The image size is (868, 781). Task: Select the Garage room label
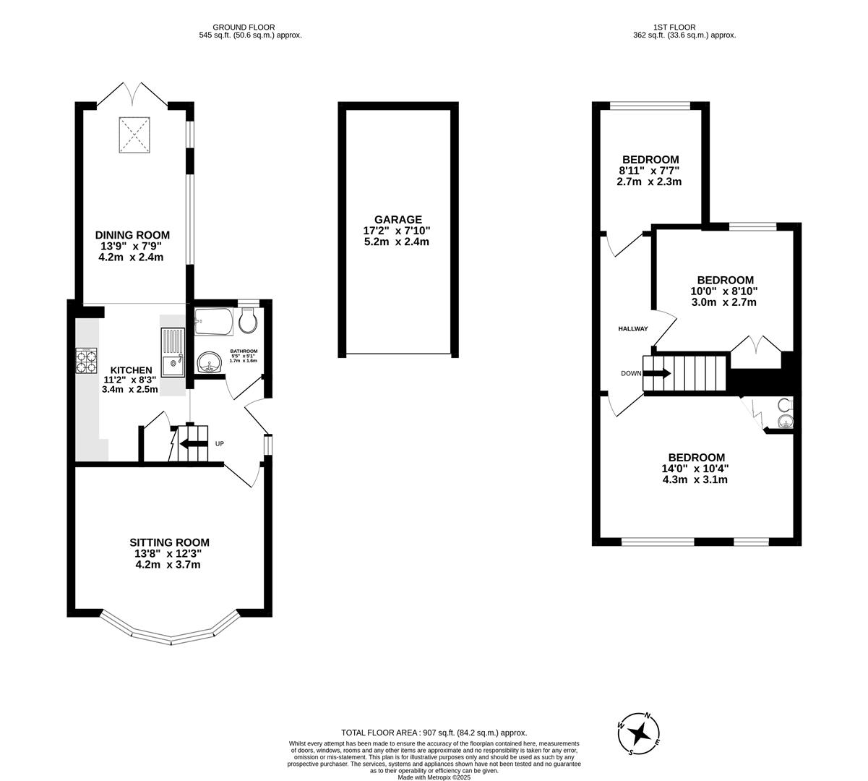click(x=398, y=220)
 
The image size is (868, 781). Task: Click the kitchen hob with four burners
click(x=87, y=360)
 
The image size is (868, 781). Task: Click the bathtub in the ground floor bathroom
click(x=213, y=322)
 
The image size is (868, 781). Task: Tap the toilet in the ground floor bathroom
click(x=248, y=321)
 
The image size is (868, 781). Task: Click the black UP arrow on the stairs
click(x=192, y=444)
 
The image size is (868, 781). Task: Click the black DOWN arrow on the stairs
click(x=656, y=373)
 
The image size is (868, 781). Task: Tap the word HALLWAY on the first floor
click(x=632, y=329)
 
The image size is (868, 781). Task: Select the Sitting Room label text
click(x=169, y=542)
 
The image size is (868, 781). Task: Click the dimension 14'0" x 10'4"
click(x=696, y=469)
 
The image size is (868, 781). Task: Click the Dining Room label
click(x=132, y=235)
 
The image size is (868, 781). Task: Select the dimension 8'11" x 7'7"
click(x=649, y=171)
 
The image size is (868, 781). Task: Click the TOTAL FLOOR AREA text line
click(x=434, y=733)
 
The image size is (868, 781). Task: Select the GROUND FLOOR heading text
click(x=244, y=27)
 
